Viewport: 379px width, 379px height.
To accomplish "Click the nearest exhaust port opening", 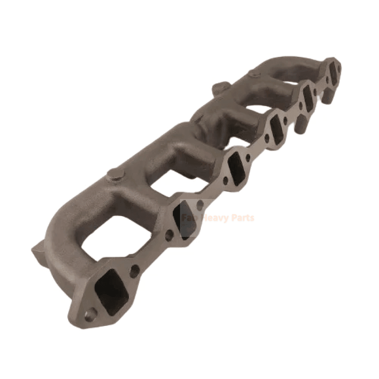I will (x=110, y=289).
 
